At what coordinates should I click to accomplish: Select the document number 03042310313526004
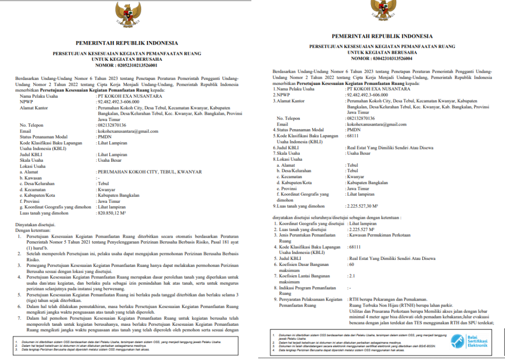pyautogui.click(x=382, y=58)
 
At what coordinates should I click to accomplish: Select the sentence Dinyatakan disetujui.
pyautogui.click(x=36, y=225)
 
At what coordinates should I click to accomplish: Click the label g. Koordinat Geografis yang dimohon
pyautogui.click(x=55, y=207)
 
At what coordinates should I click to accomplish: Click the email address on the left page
pyautogui.click(x=128, y=131)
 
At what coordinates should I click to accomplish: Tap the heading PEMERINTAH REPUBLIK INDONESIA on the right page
pyautogui.click(x=382, y=36)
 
